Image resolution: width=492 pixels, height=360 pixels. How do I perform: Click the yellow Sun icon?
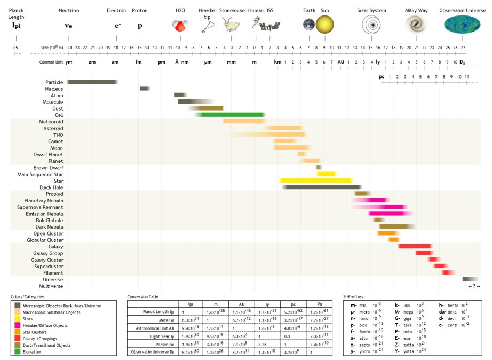coord(324,24)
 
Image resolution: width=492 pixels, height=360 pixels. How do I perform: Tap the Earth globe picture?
coord(309,24)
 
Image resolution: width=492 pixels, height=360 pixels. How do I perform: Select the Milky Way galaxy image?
coord(415,24)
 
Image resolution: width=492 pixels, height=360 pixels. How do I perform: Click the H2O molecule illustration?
coord(180,25)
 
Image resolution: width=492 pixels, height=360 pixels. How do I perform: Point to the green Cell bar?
coord(233,115)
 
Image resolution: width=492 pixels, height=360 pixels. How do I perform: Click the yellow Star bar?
coord(315,181)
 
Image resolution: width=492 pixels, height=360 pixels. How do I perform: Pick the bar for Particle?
coord(92,82)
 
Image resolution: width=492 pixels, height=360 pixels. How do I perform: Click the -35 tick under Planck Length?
coord(15,47)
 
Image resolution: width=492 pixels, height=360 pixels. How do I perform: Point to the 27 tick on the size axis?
coord(463,47)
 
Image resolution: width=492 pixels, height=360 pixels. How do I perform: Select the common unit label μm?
coord(208,62)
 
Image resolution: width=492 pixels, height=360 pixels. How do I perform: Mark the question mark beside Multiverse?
coord(470,286)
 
